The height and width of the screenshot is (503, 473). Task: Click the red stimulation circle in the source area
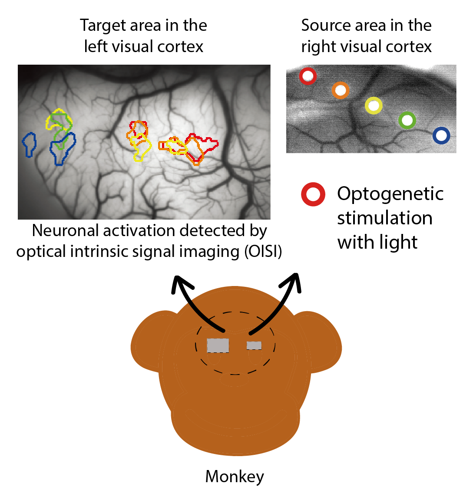(x=308, y=76)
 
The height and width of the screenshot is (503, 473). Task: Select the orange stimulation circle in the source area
(x=341, y=90)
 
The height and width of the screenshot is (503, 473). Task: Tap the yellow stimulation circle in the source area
(x=374, y=105)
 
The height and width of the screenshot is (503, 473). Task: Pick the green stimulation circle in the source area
(x=407, y=120)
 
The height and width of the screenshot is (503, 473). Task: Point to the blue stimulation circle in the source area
(x=441, y=136)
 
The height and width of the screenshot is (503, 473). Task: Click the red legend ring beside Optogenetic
(x=313, y=194)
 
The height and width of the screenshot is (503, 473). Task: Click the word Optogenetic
(x=390, y=194)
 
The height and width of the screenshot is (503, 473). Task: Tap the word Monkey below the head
(x=235, y=477)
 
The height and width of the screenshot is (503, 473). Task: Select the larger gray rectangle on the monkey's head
(x=218, y=345)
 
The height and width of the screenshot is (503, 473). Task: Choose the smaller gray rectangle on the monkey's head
(x=254, y=345)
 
